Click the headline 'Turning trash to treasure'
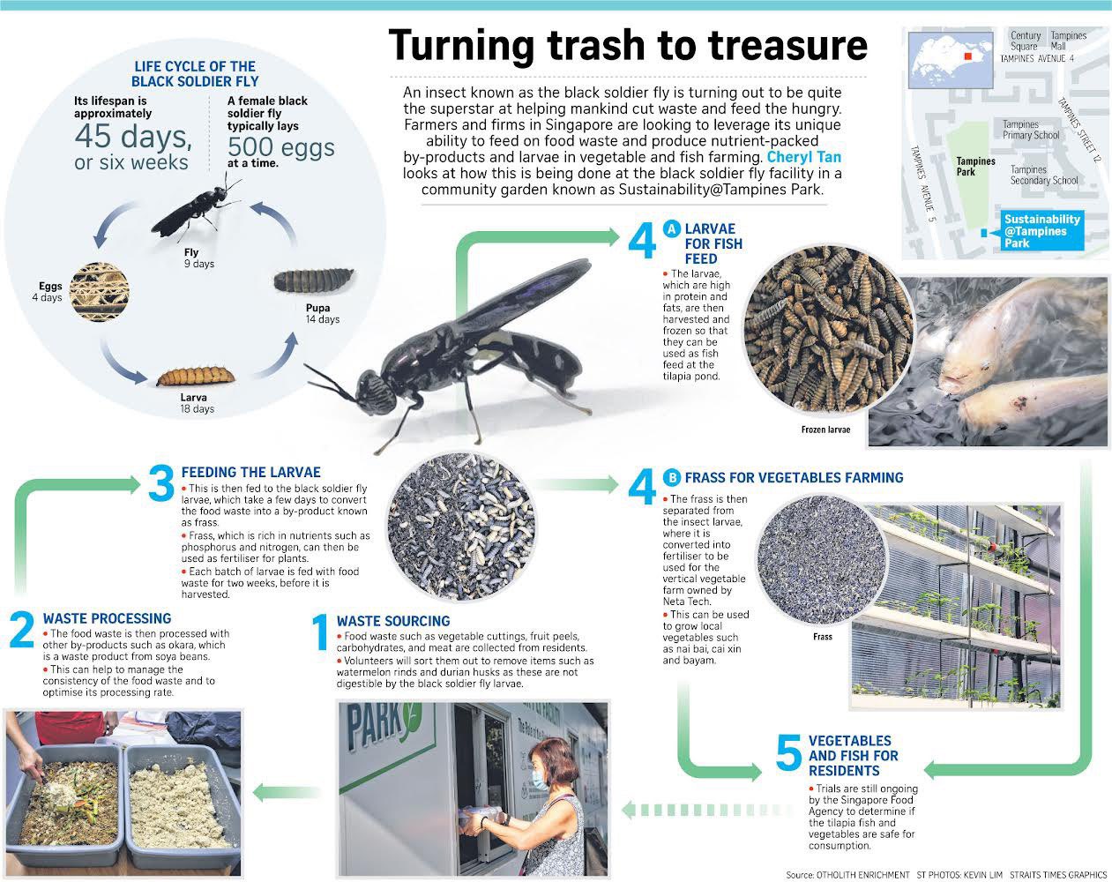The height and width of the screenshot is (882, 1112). tap(627, 46)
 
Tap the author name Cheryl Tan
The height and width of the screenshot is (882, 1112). tap(804, 157)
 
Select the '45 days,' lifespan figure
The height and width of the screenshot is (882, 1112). tap(133, 137)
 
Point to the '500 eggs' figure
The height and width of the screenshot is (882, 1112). tap(280, 146)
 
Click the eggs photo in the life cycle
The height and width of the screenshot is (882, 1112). tap(99, 292)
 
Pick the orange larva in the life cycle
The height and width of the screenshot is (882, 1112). tap(196, 376)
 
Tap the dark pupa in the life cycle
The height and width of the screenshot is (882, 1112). tap(314, 280)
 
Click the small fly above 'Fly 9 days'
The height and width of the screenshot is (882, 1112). tap(197, 209)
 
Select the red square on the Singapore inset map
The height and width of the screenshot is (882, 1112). tap(968, 56)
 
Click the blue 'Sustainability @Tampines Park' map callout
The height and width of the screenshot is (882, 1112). tap(1041, 230)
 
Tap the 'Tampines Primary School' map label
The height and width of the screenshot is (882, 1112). tap(1030, 130)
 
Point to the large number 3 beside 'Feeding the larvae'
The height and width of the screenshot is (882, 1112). tap(161, 482)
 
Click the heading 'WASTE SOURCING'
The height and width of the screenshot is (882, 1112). tap(393, 621)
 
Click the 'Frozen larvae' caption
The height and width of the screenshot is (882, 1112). tap(825, 430)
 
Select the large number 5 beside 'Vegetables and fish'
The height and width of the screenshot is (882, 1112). tap(788, 752)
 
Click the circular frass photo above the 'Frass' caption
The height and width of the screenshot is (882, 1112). tap(822, 560)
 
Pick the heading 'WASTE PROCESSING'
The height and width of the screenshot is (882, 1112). tap(107, 618)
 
